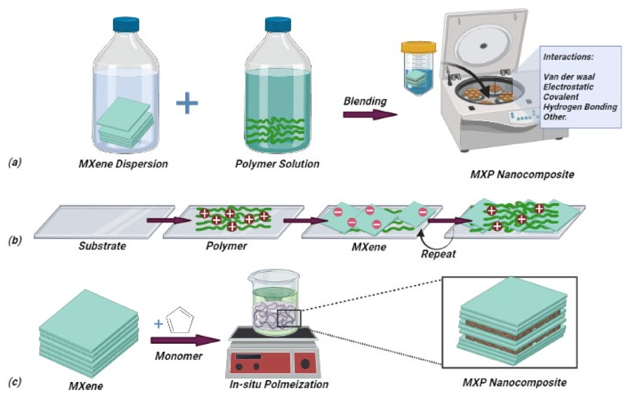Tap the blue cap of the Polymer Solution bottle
click(x=278, y=24)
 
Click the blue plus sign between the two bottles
click(x=187, y=103)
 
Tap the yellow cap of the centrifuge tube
click(x=418, y=47)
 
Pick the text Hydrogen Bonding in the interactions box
click(x=580, y=107)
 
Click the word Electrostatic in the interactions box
click(x=568, y=87)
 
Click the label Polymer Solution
click(x=277, y=164)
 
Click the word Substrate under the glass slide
click(x=102, y=246)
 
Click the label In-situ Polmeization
click(x=279, y=384)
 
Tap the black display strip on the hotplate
click(x=248, y=357)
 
